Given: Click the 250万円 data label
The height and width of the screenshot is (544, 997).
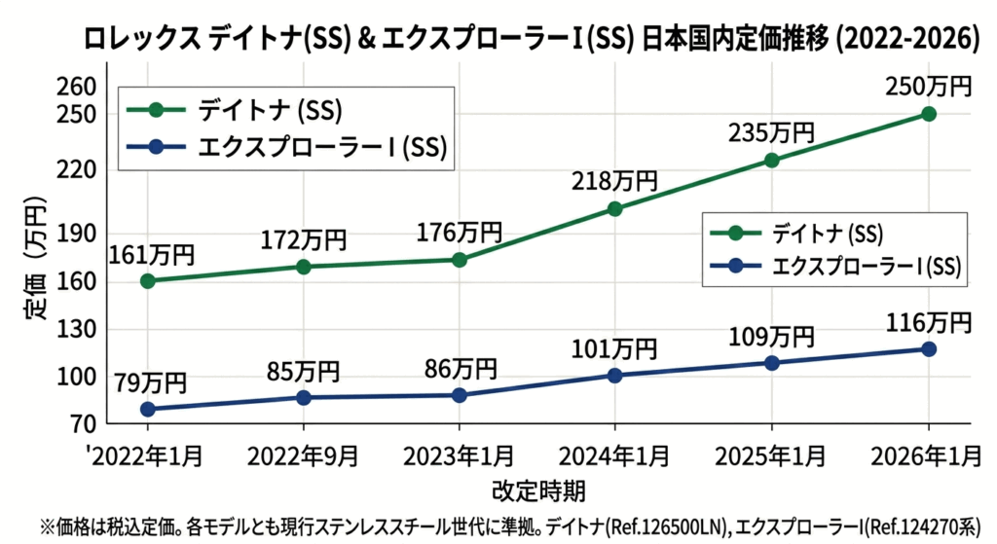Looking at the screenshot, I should click(x=929, y=86).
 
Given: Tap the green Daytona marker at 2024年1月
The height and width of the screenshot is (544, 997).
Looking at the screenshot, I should click(x=614, y=208).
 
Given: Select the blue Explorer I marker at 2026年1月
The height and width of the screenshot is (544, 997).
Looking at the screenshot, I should click(x=929, y=348).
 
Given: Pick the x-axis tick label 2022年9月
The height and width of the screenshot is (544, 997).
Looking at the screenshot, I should click(x=303, y=455).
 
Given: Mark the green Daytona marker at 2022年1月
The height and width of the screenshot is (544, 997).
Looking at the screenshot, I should click(x=147, y=280).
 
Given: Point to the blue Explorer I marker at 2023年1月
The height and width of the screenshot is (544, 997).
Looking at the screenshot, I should click(x=459, y=395).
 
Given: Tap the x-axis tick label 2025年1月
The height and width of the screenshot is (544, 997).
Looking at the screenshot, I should click(x=772, y=455).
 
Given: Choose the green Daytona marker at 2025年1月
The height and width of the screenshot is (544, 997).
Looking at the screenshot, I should click(x=771, y=161).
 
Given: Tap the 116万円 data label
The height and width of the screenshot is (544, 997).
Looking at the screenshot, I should click(x=929, y=320).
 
